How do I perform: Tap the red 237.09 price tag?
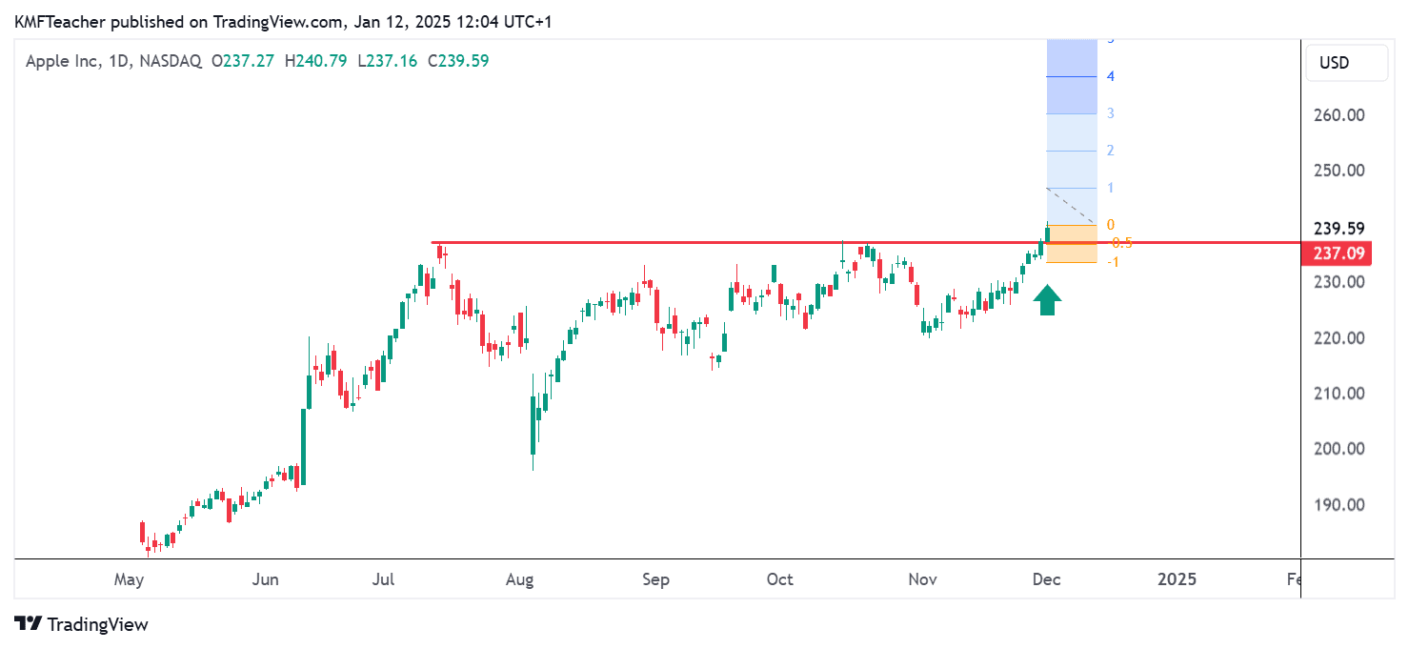(x=1339, y=254)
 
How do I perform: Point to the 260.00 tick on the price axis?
(x=1339, y=115)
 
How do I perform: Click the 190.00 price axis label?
(x=1339, y=504)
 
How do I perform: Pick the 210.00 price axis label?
(x=1339, y=393)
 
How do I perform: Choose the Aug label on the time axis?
(x=519, y=579)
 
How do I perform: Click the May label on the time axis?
(x=129, y=579)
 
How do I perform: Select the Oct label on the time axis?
(x=779, y=579)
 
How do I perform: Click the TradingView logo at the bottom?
(x=82, y=624)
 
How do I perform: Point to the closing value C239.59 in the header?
(x=458, y=61)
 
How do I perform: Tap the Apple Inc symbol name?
(x=62, y=61)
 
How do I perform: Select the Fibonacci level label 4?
(x=1111, y=76)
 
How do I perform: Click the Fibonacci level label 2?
(x=1111, y=151)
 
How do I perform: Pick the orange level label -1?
(x=1112, y=262)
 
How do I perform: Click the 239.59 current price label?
(x=1339, y=229)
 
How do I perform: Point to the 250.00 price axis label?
(x=1339, y=171)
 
